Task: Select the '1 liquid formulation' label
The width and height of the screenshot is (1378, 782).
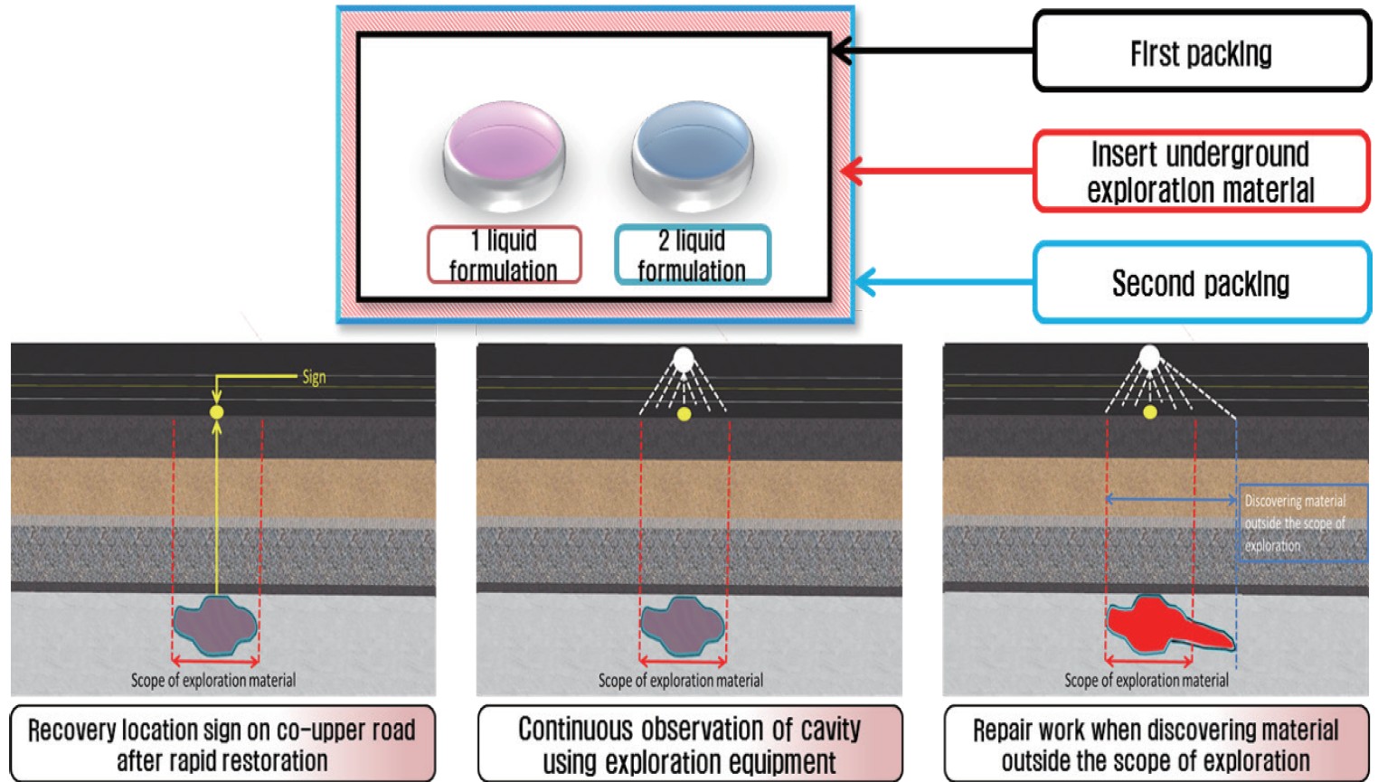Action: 504,255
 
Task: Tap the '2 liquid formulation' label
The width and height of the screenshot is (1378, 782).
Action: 692,255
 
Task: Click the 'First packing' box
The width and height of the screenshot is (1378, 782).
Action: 1201,52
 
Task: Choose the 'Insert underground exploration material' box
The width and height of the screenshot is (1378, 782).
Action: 1201,172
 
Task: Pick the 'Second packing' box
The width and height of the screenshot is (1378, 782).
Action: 1201,283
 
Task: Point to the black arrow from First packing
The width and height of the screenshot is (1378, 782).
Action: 931,51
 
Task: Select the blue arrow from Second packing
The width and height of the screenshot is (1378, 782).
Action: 945,282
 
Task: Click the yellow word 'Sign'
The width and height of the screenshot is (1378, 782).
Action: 314,377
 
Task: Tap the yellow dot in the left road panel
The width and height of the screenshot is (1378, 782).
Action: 216,412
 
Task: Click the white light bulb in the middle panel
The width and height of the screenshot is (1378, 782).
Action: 684,359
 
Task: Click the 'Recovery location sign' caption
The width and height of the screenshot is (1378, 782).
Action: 222,744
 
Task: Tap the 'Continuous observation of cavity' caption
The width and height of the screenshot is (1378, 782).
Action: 689,744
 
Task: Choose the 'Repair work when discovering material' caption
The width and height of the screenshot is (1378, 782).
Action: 1156,744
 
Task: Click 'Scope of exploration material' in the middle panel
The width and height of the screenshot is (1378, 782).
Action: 680,681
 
